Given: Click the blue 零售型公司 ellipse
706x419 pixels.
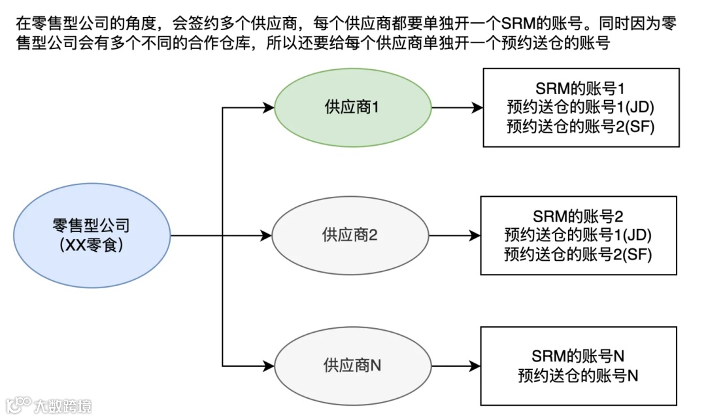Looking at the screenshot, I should (91, 235).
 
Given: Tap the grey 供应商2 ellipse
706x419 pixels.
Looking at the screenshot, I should (350, 235).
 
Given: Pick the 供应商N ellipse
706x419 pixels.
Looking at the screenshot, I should (352, 365).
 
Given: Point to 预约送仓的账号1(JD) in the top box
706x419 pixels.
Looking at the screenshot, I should (580, 107).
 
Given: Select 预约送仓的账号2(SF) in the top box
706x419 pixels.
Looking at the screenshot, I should (580, 126).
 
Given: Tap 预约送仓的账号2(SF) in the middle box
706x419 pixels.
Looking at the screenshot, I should (579, 254).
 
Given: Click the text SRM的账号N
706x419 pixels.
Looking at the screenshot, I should (578, 356).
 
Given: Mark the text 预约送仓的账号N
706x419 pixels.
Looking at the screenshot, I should (578, 375).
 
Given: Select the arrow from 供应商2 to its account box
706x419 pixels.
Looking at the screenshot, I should (454, 235).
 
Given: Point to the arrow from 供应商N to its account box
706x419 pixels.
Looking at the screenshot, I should (455, 365).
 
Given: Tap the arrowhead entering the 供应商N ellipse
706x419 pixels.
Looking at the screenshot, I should (268, 365).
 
